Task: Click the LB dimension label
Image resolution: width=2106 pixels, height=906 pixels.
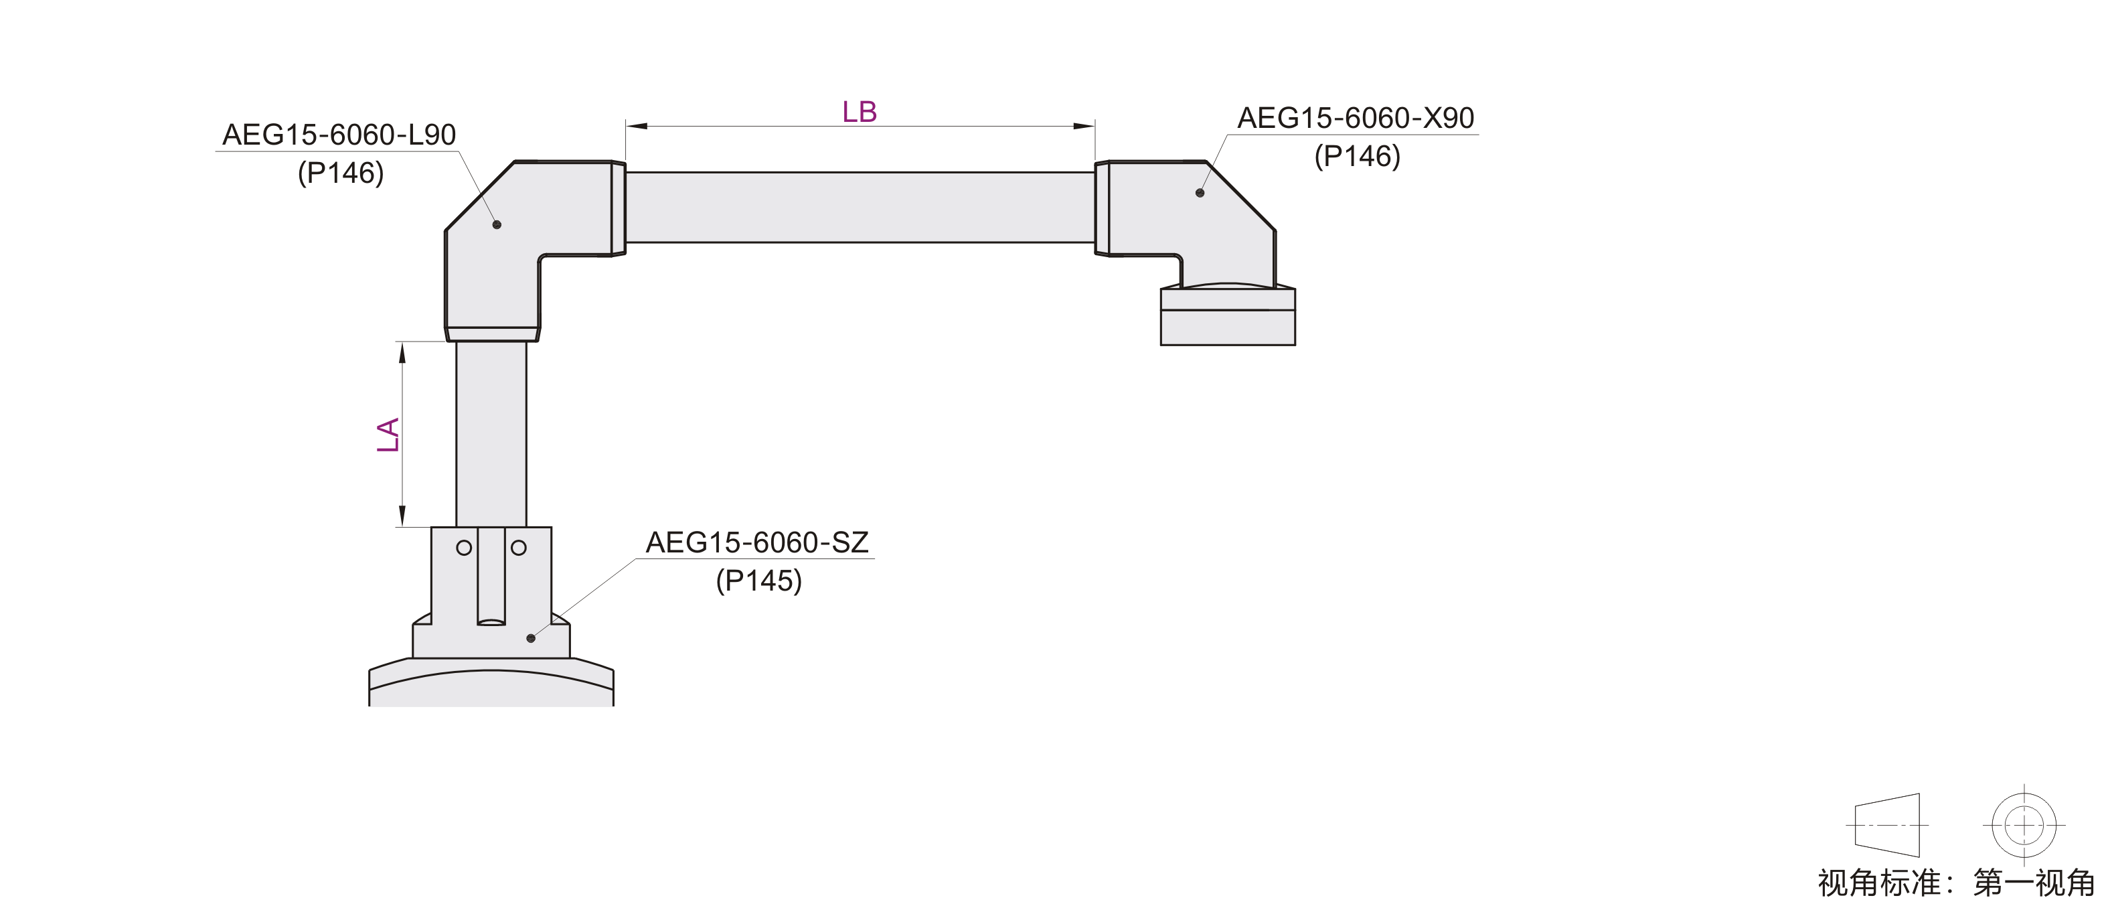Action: click(x=860, y=112)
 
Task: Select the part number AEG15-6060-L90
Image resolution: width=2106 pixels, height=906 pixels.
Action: click(x=339, y=135)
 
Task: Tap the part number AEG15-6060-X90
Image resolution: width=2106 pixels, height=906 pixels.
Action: click(x=1356, y=119)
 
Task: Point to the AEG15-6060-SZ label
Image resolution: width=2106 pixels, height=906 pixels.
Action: click(x=757, y=543)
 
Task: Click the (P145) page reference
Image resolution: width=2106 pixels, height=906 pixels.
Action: click(x=758, y=581)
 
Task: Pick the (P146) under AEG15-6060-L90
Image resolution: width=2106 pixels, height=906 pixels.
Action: click(x=341, y=173)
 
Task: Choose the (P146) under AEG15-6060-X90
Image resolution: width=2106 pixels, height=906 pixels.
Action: click(x=1357, y=156)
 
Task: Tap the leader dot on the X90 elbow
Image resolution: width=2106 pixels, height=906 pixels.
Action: click(x=1200, y=193)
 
